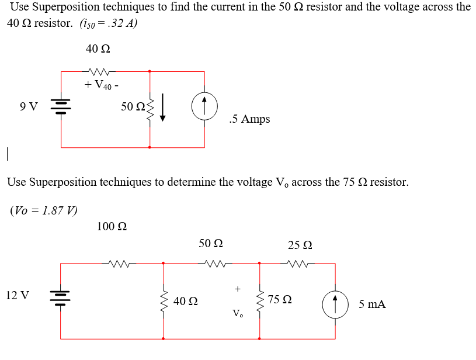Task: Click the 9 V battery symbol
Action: [61, 107]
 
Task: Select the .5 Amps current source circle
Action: [204, 108]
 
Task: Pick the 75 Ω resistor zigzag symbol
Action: [260, 300]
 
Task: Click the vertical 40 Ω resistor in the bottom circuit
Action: [163, 301]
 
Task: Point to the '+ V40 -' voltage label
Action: [102, 85]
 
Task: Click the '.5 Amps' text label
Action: [250, 119]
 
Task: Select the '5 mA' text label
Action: [372, 304]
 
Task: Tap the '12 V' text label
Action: [18, 295]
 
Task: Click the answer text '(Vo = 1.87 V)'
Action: [44, 210]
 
